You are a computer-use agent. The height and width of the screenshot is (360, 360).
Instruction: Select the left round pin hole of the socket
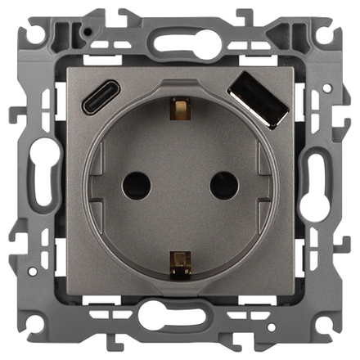pos(137,187)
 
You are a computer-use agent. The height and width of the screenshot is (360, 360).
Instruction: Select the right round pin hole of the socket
pos(223,187)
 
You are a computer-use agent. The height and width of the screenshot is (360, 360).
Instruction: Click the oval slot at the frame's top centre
pos(180,43)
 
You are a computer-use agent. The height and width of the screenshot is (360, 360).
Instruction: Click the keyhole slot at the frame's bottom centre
pos(180,315)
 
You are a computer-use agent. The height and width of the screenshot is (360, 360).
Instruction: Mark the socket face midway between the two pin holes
pos(180,187)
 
